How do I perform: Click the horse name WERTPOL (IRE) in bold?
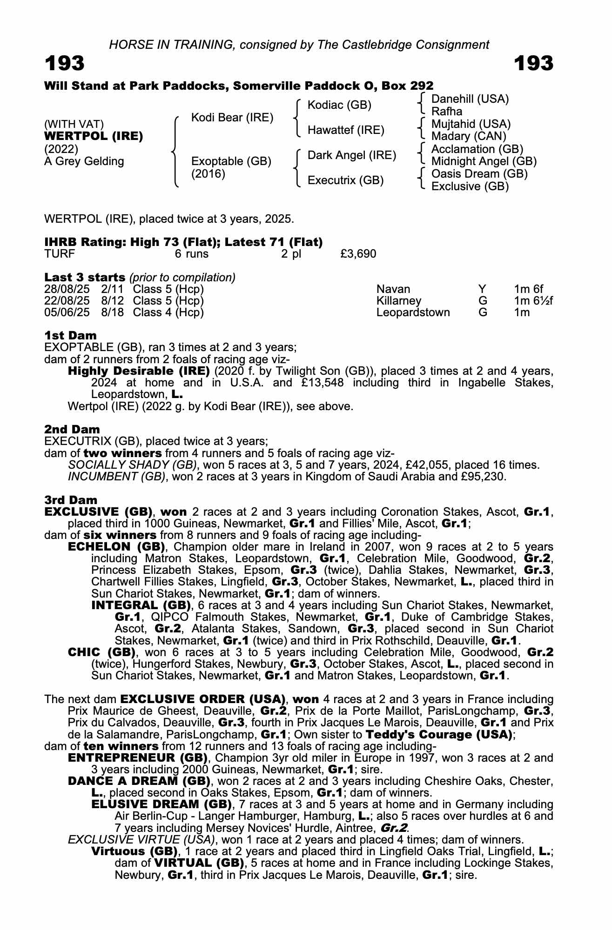[x=94, y=137]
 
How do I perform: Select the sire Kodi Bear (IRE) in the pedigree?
[x=232, y=118]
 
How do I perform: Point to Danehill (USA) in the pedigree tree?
[x=470, y=99]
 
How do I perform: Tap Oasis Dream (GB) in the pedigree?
[x=479, y=174]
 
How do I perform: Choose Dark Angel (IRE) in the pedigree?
[x=352, y=155]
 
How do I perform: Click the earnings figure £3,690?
[x=358, y=254]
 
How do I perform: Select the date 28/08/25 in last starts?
[x=67, y=289]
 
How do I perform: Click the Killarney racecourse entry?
[x=399, y=301]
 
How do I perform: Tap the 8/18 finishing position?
[x=113, y=312]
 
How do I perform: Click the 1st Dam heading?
[x=71, y=336]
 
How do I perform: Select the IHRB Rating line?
[x=183, y=242]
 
